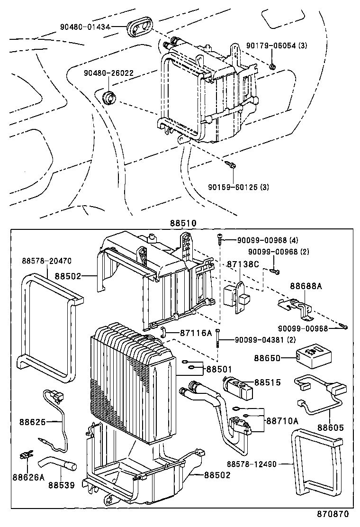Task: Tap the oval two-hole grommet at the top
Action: pyautogui.click(x=139, y=28)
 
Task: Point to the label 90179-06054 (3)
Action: pyautogui.click(x=277, y=45)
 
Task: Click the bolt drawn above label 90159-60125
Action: pyautogui.click(x=232, y=164)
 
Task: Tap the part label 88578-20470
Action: pyautogui.click(x=46, y=261)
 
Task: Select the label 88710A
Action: pyautogui.click(x=282, y=421)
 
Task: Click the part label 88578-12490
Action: pyautogui.click(x=258, y=464)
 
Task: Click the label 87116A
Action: pyautogui.click(x=196, y=333)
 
